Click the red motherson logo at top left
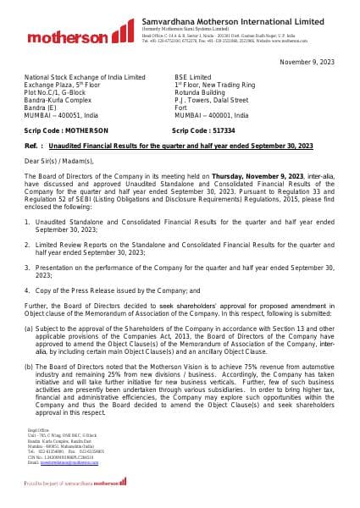point(67,37)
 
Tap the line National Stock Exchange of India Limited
point(85,77)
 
